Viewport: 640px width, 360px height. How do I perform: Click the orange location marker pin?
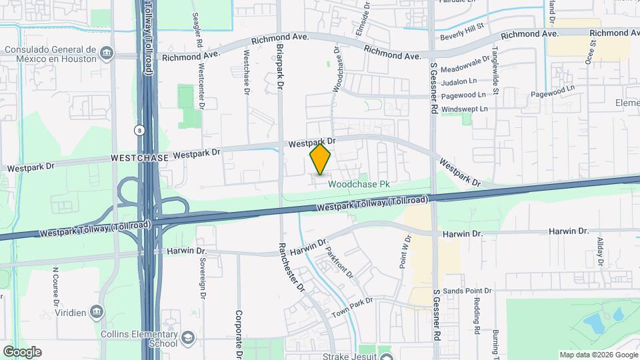[x=321, y=159]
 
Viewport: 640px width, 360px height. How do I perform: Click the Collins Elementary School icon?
[x=188, y=336]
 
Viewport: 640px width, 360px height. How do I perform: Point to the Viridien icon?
[x=97, y=311]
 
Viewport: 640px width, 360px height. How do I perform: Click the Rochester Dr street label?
[x=291, y=267]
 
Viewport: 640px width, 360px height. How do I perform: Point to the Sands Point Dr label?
[x=467, y=291]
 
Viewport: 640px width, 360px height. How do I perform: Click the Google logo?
[x=22, y=351]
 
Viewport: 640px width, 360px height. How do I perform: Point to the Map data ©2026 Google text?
[x=598, y=355]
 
